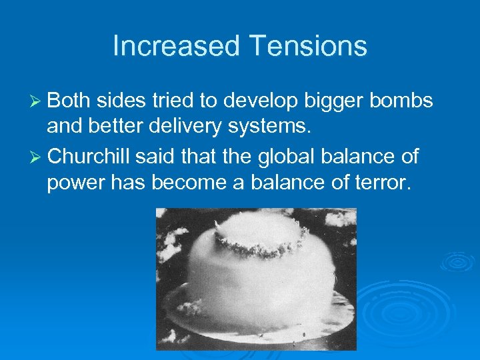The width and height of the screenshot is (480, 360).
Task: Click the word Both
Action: (x=70, y=101)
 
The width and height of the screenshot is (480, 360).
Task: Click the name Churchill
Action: (x=91, y=157)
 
